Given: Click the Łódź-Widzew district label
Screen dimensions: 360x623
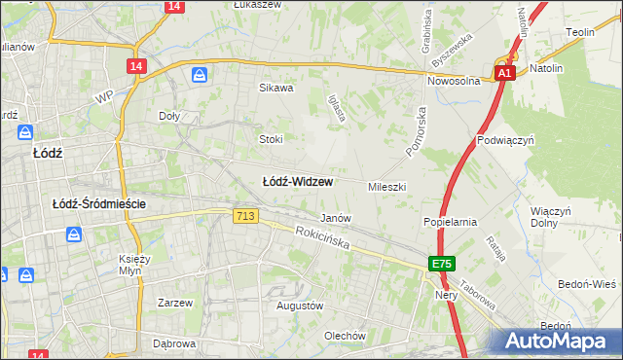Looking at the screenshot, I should (298, 182).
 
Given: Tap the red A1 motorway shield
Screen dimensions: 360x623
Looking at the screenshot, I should (503, 74).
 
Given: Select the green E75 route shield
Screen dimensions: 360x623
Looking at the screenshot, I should (442, 264).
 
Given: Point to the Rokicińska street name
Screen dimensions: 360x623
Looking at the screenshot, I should (323, 238).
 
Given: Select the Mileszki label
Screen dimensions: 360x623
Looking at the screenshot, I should (386, 186).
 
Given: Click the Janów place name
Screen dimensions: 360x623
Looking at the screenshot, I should (335, 218).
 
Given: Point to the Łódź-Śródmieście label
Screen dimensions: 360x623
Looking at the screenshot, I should (99, 203).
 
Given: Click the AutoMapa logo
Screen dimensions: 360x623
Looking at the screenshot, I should (560, 341).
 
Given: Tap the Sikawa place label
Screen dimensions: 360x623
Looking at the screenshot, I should (275, 88).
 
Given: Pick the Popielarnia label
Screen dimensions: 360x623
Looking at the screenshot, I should (450, 222).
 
